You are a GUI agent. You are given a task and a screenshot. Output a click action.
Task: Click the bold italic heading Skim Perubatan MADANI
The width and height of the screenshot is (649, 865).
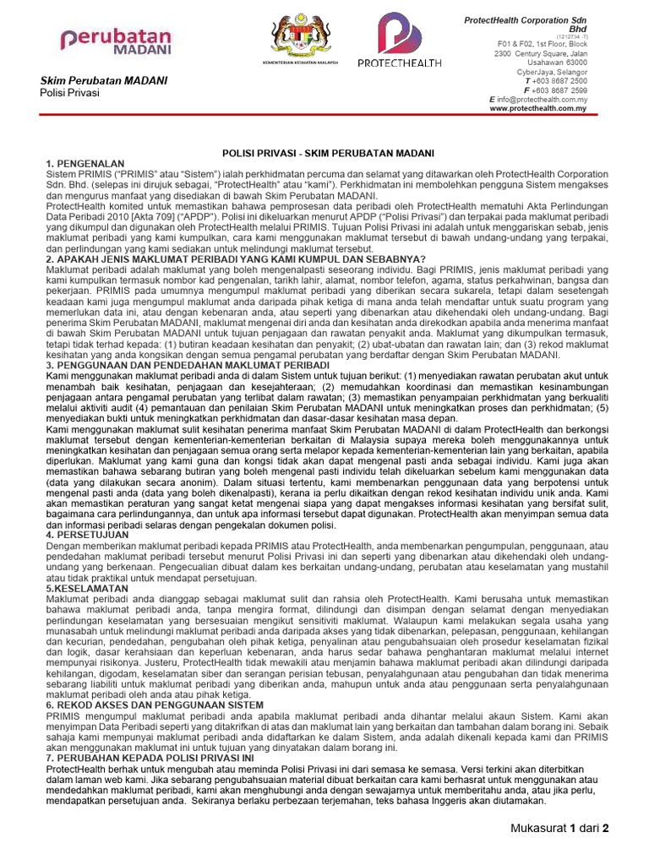(x=104, y=80)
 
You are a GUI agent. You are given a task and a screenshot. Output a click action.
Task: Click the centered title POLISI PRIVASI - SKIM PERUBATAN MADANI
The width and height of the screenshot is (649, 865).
(x=328, y=153)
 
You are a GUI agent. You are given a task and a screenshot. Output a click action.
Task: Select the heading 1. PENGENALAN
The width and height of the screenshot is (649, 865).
(x=85, y=162)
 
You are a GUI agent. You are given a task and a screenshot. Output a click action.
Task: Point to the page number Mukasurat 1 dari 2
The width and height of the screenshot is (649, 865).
(x=559, y=828)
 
